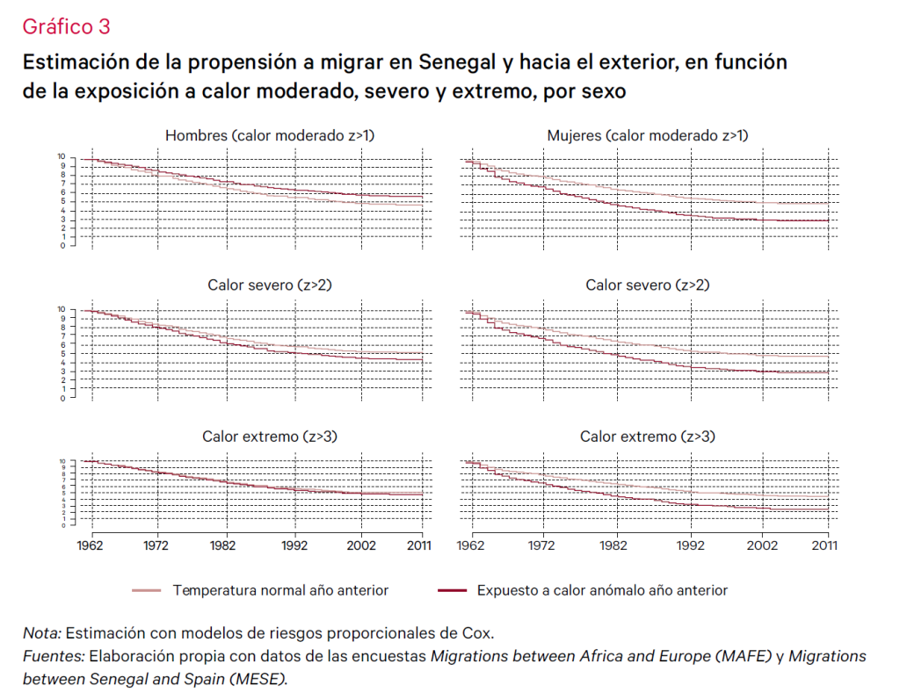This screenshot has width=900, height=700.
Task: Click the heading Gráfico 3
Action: pyautogui.click(x=66, y=26)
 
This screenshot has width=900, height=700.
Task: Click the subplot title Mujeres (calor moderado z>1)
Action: pyautogui.click(x=648, y=135)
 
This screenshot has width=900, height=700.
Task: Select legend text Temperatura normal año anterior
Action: pyautogui.click(x=280, y=590)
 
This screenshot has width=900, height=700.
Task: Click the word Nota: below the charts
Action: pyautogui.click(x=41, y=632)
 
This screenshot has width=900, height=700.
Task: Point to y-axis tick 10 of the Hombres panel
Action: pyautogui.click(x=62, y=156)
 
